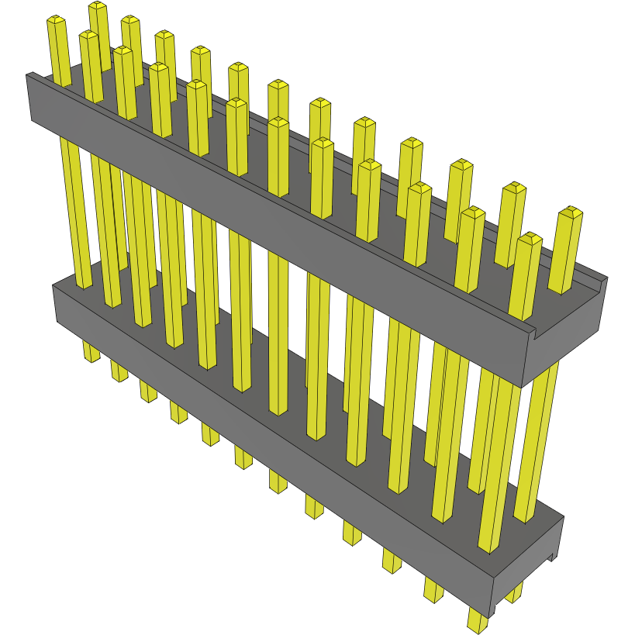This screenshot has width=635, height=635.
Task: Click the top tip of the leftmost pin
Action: click(x=55, y=19)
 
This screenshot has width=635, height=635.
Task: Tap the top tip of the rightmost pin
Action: click(x=571, y=211)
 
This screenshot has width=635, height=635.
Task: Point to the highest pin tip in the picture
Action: click(x=98, y=5)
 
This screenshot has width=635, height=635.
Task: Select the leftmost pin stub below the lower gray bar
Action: click(x=91, y=352)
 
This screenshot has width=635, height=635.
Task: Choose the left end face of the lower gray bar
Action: click(x=56, y=302)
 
